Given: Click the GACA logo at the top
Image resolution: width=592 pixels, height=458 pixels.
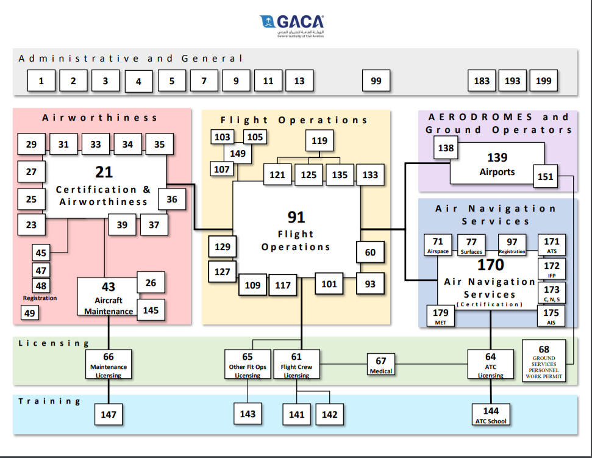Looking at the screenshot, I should pyautogui.click(x=291, y=26).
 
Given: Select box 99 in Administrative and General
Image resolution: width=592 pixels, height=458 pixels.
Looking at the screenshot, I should pyautogui.click(x=376, y=81).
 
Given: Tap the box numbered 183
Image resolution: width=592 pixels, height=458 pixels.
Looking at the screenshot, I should pyautogui.click(x=482, y=81).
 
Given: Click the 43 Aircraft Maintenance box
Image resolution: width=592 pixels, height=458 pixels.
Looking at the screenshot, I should pyautogui.click(x=108, y=297).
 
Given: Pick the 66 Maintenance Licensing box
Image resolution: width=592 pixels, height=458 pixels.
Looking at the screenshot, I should pyautogui.click(x=109, y=364).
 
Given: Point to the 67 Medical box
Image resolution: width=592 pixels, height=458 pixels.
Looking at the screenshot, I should pyautogui.click(x=381, y=364).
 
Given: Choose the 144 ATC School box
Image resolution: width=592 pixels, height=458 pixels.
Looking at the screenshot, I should pyautogui.click(x=491, y=414).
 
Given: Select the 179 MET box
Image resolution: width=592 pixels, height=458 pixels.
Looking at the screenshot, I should pyautogui.click(x=440, y=316).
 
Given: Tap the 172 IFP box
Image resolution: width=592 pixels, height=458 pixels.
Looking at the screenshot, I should pyautogui.click(x=551, y=268).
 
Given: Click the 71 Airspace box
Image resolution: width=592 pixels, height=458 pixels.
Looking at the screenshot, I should pyautogui.click(x=438, y=245).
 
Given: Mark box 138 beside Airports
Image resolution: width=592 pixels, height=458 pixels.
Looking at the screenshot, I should pyautogui.click(x=446, y=148).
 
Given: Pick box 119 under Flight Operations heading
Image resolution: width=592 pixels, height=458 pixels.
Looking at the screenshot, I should pyautogui.click(x=319, y=141).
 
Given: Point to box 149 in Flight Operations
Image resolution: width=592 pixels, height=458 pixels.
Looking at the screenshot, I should pyautogui.click(x=238, y=153).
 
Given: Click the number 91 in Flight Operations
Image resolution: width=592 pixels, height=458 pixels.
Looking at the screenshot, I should pyautogui.click(x=296, y=216).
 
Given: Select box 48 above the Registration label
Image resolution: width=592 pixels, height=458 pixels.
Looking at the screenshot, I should pyautogui.click(x=41, y=285).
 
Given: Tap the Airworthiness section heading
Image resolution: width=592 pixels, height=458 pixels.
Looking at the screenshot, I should pyautogui.click(x=100, y=118).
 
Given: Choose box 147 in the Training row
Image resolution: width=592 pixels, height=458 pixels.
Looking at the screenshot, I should pyautogui.click(x=109, y=415).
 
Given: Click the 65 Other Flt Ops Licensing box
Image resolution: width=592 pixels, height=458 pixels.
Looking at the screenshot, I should pyautogui.click(x=248, y=364).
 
